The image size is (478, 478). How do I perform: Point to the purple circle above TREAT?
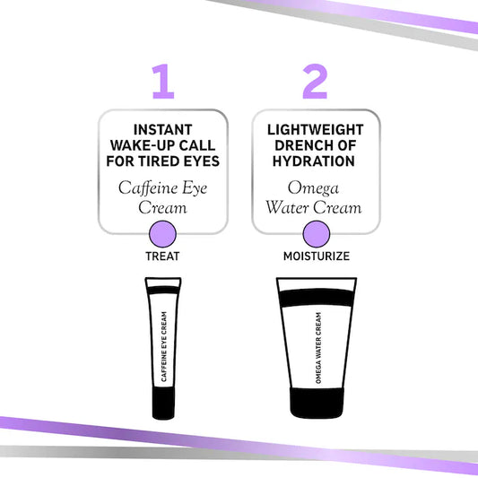(x=162, y=236)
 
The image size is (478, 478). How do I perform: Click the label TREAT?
(x=162, y=256)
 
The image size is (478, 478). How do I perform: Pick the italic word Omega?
(x=315, y=187)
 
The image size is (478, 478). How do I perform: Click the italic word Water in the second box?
(x=289, y=207)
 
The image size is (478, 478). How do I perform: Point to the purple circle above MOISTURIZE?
(x=315, y=236)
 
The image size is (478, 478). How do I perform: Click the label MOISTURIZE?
(x=315, y=256)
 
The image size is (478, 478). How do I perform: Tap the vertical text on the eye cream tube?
(x=163, y=346)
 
